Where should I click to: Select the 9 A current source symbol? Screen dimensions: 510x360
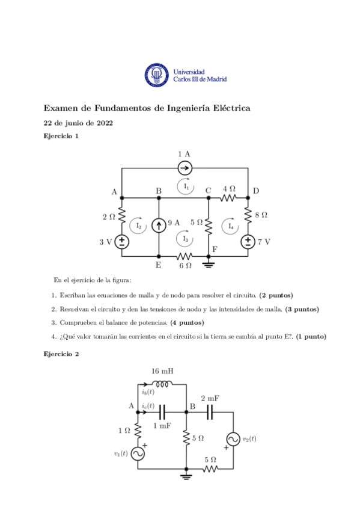click(158, 226)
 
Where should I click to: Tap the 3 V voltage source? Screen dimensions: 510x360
click(122, 242)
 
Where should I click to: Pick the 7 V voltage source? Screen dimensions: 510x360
click(248, 242)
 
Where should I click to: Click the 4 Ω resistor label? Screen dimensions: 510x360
click(229, 188)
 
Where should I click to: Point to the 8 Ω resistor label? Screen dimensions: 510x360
click(260, 214)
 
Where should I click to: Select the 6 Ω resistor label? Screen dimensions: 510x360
click(185, 265)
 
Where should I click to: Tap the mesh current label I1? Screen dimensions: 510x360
click(187, 187)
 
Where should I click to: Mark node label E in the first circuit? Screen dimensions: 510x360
click(158, 264)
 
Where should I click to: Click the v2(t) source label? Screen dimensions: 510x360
click(248, 438)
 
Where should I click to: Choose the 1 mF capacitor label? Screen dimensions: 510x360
click(162, 425)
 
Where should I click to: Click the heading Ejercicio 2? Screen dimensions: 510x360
click(61, 354)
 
